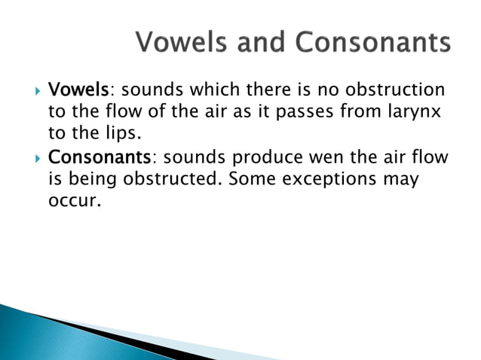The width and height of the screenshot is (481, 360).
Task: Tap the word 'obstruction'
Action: tap(400, 90)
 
